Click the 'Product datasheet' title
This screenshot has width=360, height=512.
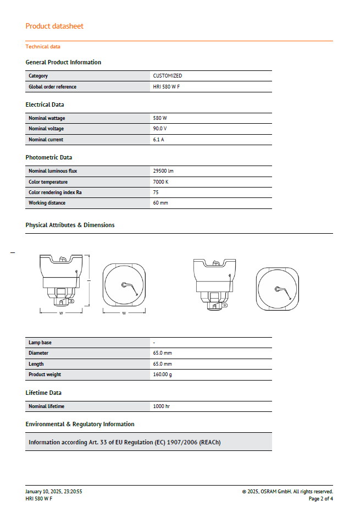click(54, 26)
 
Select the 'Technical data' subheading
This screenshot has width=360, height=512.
click(43, 47)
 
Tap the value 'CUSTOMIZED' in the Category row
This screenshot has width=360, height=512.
click(168, 76)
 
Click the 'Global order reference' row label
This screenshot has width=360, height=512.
click(52, 87)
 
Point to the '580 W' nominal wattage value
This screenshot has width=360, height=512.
click(160, 118)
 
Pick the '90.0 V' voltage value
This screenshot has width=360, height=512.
click(160, 129)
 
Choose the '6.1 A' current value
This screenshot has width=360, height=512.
click(159, 140)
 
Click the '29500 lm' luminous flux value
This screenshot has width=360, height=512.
click(163, 171)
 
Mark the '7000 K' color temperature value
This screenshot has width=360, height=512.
click(160, 182)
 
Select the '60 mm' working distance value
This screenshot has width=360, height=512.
click(160, 203)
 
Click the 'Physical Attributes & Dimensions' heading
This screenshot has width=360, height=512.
click(70, 225)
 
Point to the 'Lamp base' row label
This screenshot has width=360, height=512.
click(40, 343)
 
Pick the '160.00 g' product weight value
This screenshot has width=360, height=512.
click(162, 375)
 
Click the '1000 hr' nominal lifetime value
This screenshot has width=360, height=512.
click(162, 406)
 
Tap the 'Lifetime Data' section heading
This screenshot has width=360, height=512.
click(43, 393)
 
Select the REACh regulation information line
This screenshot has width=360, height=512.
click(124, 442)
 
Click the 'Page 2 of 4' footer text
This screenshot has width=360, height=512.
click(320, 499)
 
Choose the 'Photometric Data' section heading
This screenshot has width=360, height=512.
click(48, 157)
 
